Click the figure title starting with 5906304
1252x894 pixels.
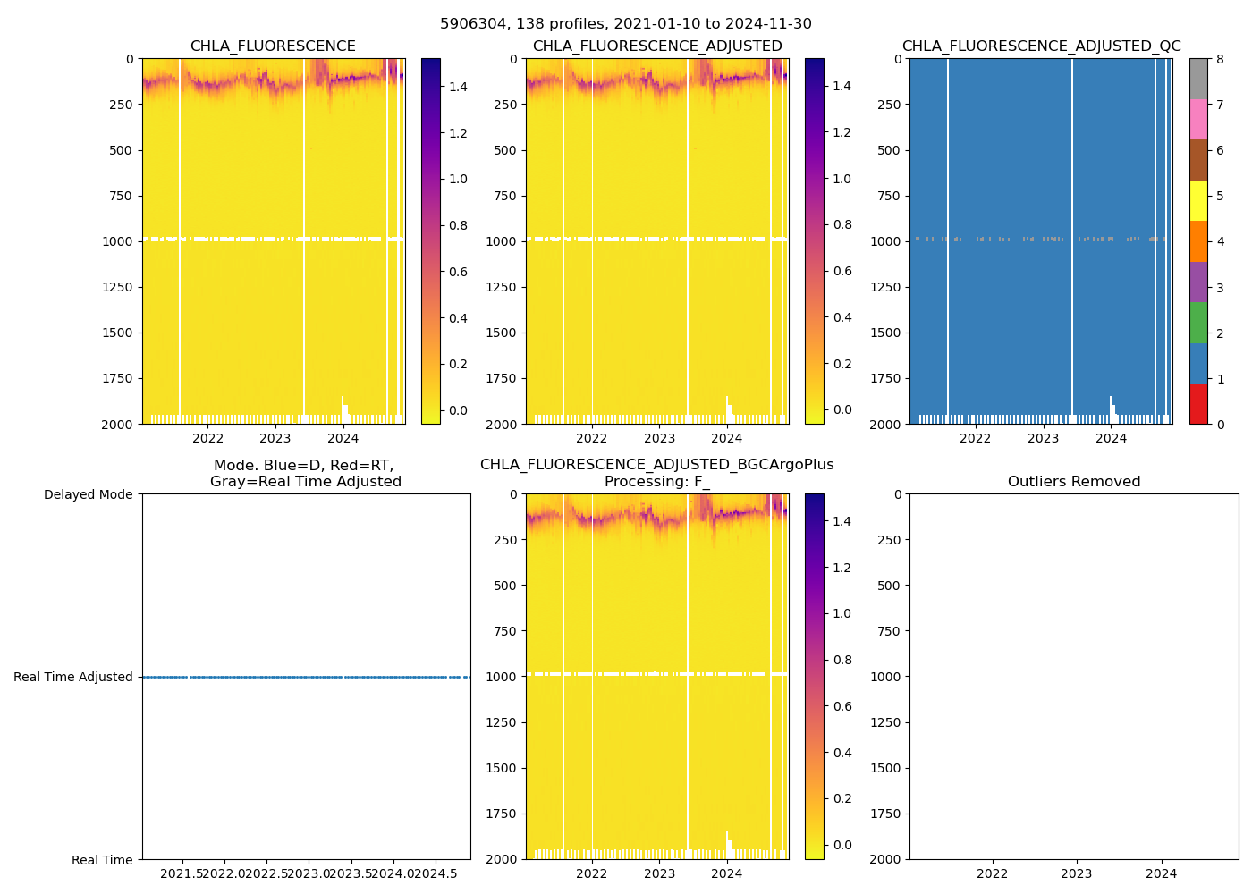[626, 24]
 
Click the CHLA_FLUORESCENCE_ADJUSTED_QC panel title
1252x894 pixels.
[1041, 46]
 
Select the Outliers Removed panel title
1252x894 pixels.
[1073, 482]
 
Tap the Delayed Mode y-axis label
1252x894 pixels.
[88, 495]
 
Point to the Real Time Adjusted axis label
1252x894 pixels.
[73, 678]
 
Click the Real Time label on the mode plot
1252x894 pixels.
[102, 860]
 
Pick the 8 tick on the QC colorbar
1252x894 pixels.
[1220, 59]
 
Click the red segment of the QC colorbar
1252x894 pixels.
[1198, 404]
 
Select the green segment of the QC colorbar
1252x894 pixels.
[1198, 323]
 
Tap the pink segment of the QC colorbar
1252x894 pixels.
[1198, 120]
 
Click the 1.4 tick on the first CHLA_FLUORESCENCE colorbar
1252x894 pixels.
[458, 87]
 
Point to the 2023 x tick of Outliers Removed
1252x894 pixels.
[1076, 873]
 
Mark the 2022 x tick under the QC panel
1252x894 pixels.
[975, 438]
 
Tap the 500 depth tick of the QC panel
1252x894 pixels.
[890, 150]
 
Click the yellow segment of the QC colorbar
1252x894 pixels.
[1198, 201]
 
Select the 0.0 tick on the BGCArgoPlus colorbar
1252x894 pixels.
[842, 845]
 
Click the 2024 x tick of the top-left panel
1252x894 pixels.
[343, 438]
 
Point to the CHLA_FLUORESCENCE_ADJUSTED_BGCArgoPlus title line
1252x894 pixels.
[656, 465]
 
